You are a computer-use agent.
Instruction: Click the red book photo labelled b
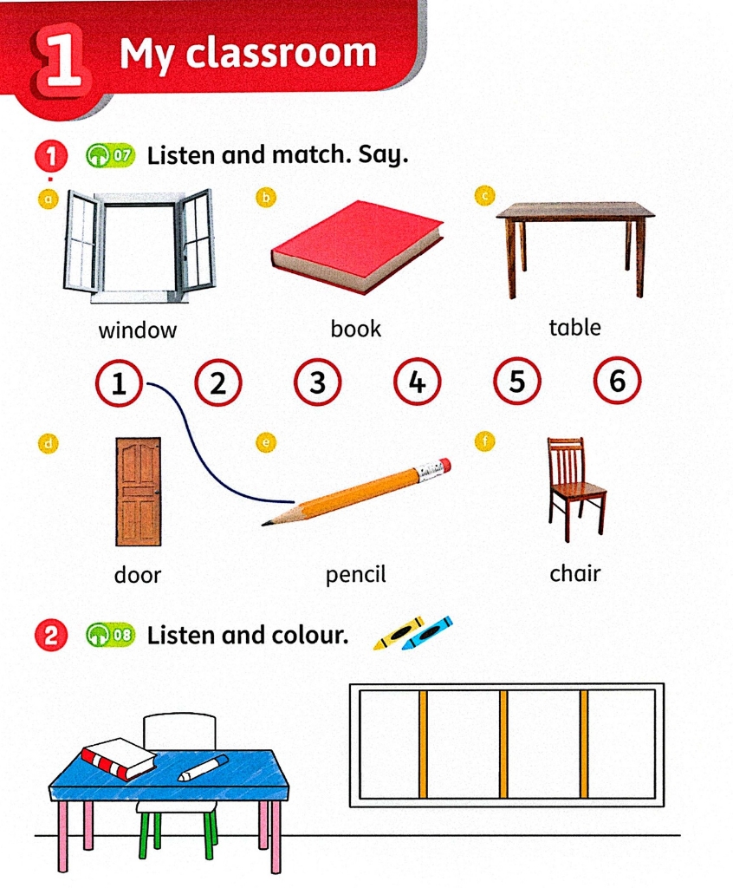pos(357,247)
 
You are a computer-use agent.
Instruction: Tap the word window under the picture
pos(138,330)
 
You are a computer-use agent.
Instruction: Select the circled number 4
pos(417,382)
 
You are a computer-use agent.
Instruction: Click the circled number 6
pos(617,380)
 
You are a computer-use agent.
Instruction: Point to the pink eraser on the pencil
pos(444,466)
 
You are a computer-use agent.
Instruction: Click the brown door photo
pos(138,491)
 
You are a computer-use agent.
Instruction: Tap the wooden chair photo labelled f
pos(575,488)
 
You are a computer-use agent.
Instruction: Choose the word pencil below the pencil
pos(355,575)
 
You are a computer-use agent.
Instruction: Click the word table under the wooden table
pos(574,327)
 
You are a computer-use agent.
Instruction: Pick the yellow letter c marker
pos(484,195)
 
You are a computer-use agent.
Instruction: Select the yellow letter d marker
pos(49,443)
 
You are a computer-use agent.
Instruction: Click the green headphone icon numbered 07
pos(110,155)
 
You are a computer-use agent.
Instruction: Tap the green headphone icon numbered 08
pos(110,635)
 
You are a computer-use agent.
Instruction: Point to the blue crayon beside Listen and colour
pos(427,633)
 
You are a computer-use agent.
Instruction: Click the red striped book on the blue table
pos(118,759)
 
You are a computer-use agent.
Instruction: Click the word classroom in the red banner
pos(281,53)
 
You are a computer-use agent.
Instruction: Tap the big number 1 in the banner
pos(62,59)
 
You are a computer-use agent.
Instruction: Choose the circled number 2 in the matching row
pos(218,383)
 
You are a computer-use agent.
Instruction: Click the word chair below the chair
pos(574,573)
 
